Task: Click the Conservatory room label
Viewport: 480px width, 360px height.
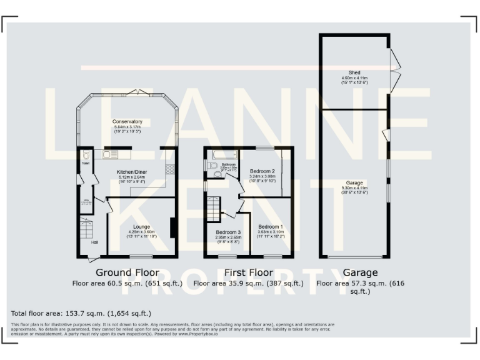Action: tap(127, 121)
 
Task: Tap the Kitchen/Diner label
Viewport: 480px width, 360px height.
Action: tap(131, 171)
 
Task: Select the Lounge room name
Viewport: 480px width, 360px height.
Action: tap(141, 227)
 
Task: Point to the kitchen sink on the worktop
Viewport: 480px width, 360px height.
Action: tap(111, 152)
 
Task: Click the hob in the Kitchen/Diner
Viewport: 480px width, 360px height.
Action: tap(169, 169)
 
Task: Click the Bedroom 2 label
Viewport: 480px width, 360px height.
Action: tap(262, 171)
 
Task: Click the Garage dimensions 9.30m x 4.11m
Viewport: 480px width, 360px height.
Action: tap(354, 188)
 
